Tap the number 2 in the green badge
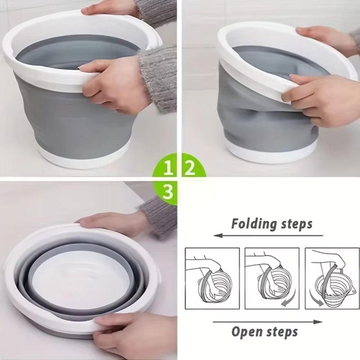[190, 167]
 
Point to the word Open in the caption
[246, 331]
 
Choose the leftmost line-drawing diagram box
[212, 278]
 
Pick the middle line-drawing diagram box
[272, 278]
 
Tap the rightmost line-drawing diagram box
[332, 278]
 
